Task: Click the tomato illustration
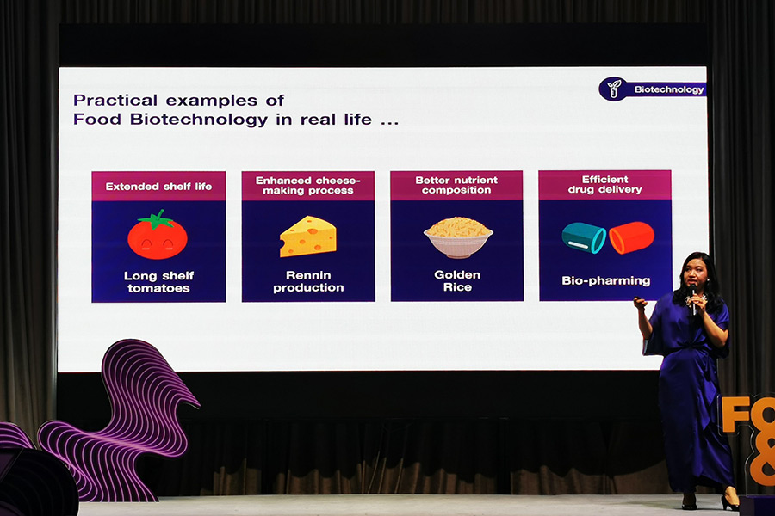158,235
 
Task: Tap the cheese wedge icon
308,236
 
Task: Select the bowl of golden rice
458,237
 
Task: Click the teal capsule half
584,237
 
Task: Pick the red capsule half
631,237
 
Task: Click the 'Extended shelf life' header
158,187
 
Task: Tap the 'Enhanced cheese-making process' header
308,185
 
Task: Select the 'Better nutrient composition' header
456,185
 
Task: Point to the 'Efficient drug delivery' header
605,184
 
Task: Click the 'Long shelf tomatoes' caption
158,281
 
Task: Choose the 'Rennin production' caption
308,281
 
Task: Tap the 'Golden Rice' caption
457,280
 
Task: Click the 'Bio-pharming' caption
606,280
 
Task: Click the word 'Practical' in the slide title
115,101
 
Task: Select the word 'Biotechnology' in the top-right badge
669,89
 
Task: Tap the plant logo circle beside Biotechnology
614,89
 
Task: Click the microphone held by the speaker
693,298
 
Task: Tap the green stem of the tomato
156,220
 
